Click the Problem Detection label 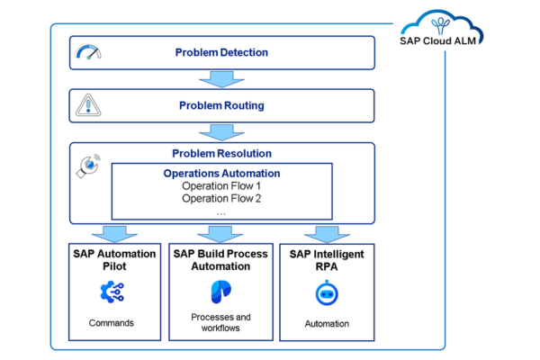point(221,52)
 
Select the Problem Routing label point(221,105)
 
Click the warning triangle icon point(85,106)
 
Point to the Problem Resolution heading point(221,153)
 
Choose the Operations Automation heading point(221,173)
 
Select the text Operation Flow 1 point(221,186)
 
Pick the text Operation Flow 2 point(221,199)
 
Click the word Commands point(112,322)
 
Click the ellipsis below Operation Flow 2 point(221,212)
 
